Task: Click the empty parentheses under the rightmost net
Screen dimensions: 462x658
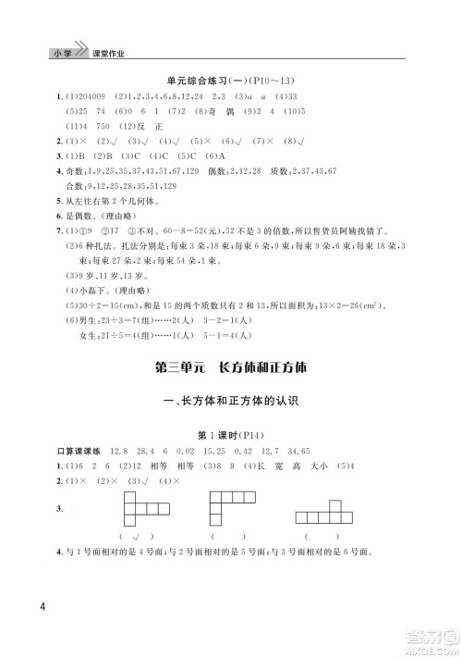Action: tap(327, 537)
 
